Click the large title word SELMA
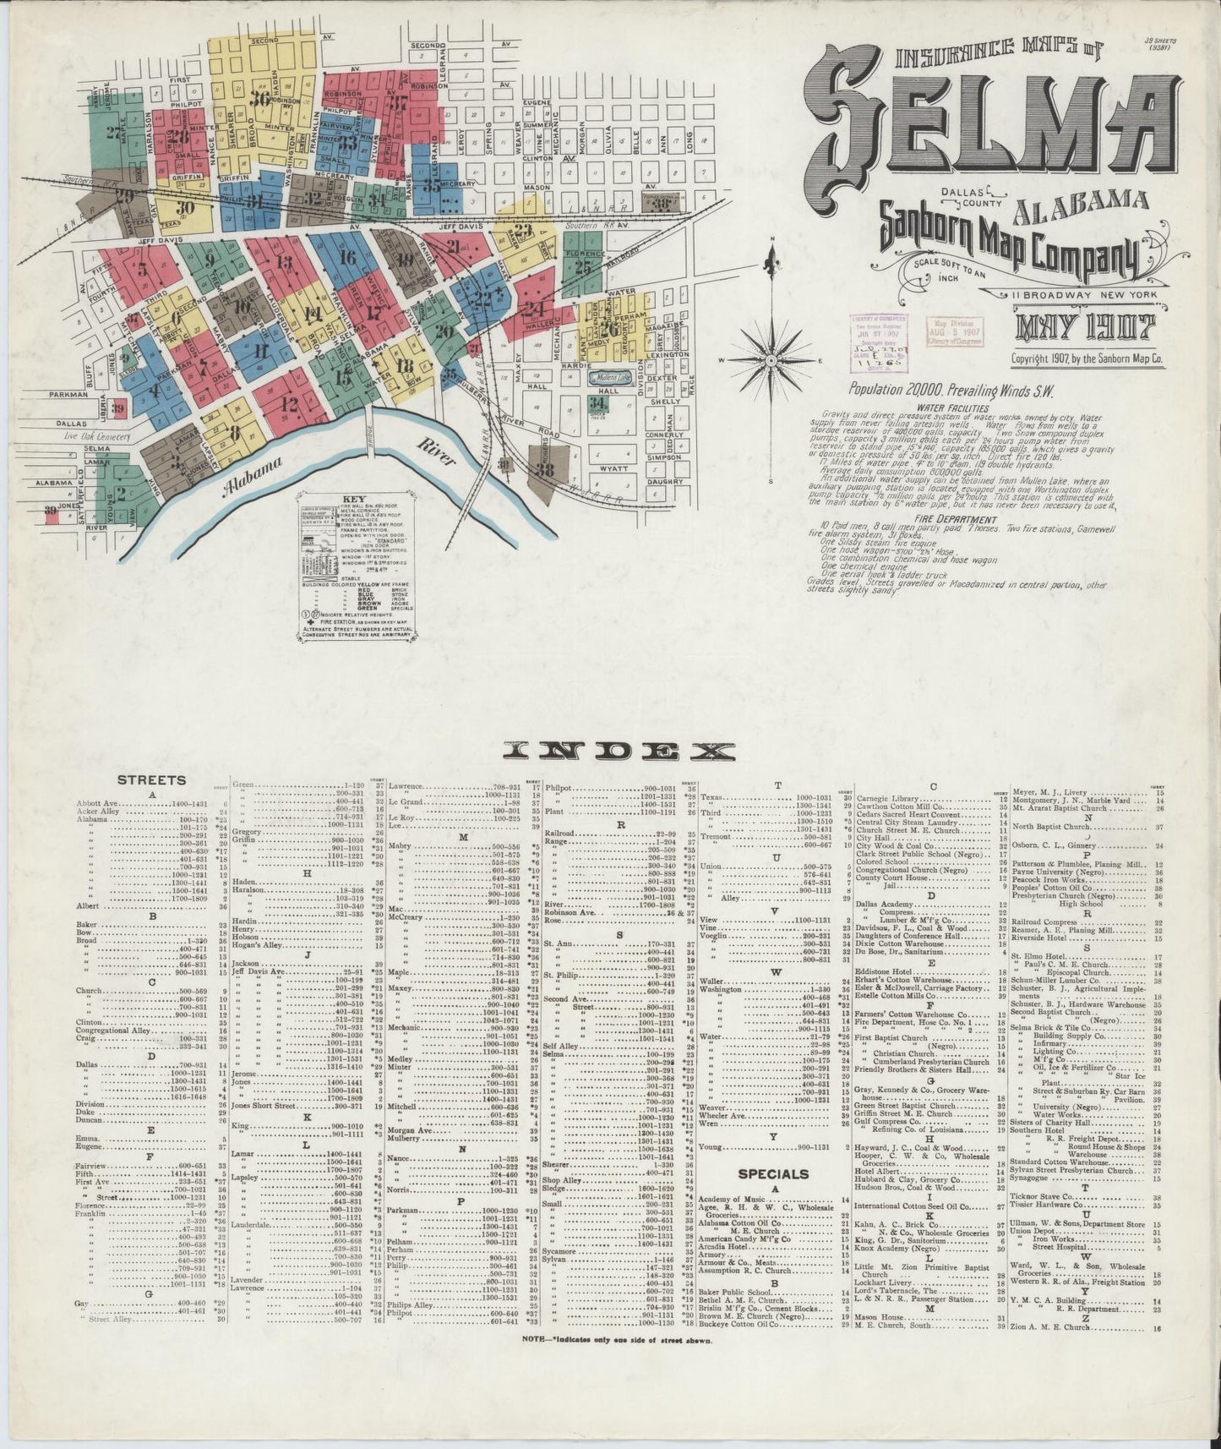[x=988, y=126]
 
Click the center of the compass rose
[x=771, y=360]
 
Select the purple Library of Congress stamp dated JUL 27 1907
[x=880, y=341]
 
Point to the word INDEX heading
[x=619, y=751]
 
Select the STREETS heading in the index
[x=151, y=781]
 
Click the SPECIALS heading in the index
[x=773, y=1173]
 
